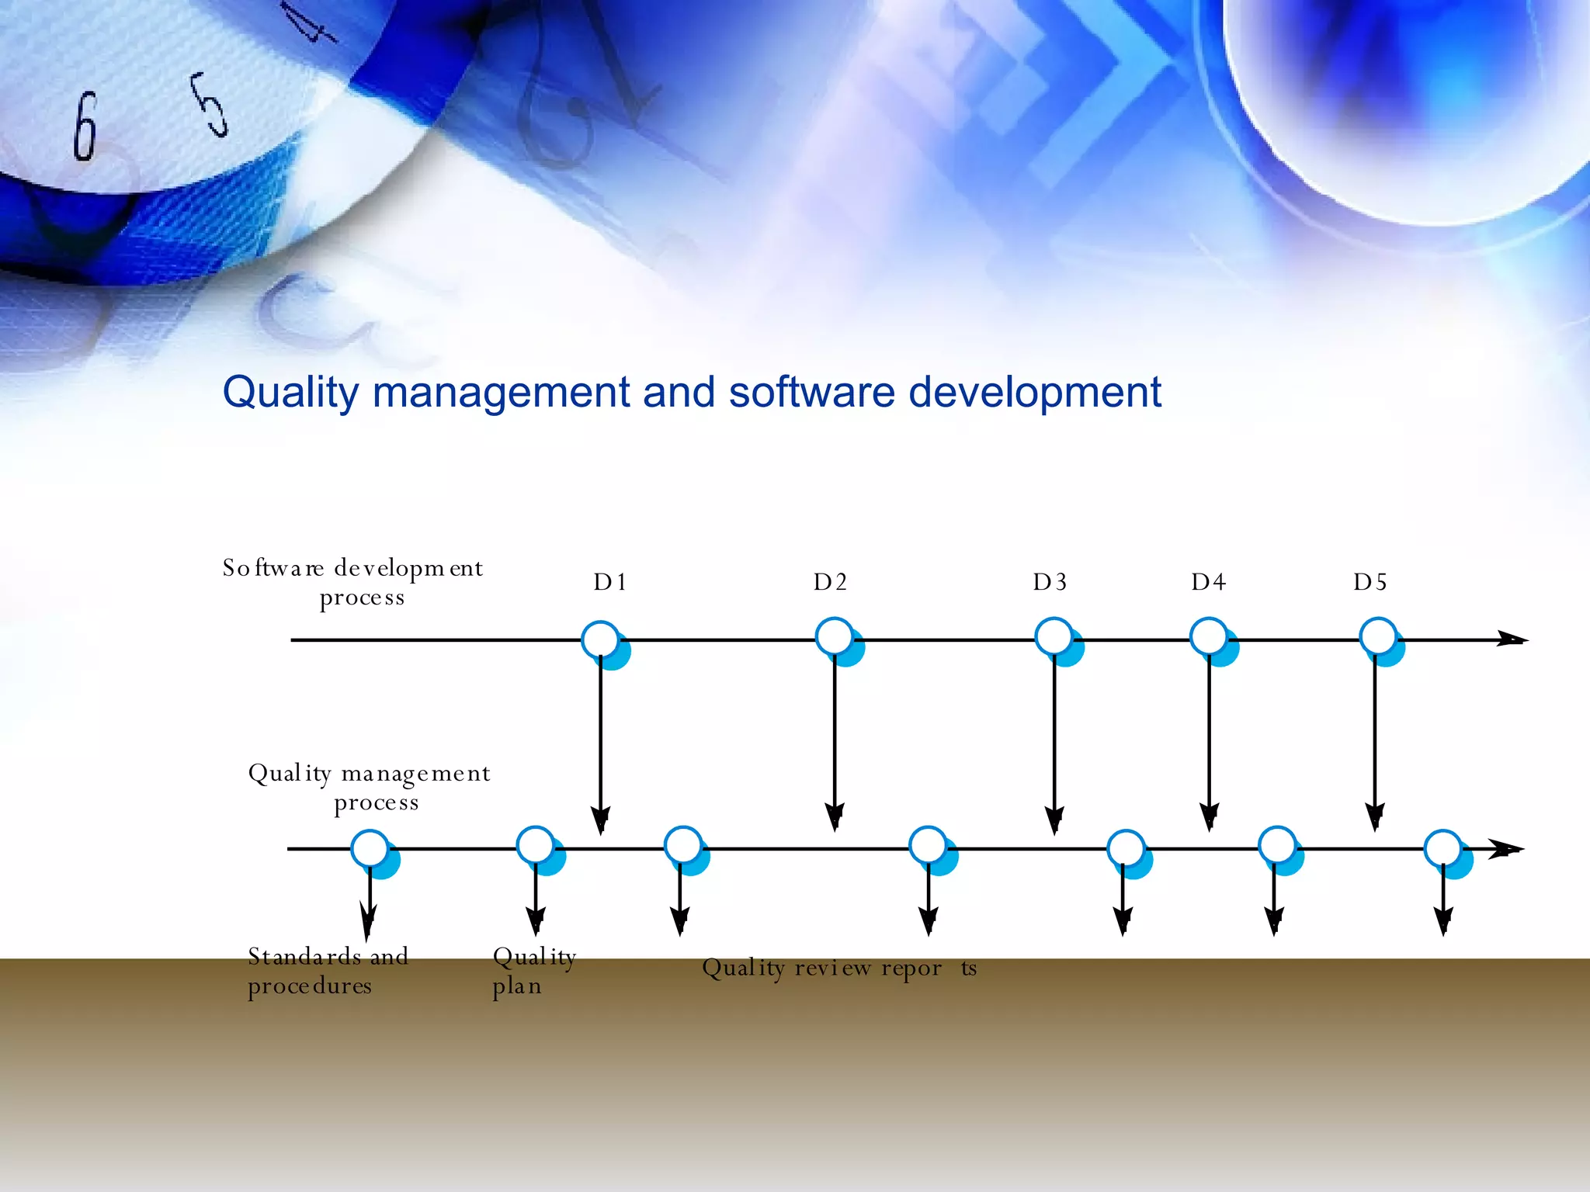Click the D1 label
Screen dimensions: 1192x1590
pyautogui.click(x=609, y=582)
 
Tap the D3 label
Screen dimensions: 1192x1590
pyautogui.click(x=1050, y=582)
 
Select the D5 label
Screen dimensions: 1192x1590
pyautogui.click(x=1370, y=582)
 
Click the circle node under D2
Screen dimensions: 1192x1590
pyautogui.click(x=835, y=637)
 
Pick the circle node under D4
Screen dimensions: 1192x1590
pyautogui.click(x=1210, y=637)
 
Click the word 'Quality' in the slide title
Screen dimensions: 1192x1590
pyautogui.click(x=290, y=393)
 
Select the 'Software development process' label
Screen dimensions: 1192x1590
pyautogui.click(x=353, y=582)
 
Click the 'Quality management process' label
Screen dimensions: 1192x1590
pyautogui.click(x=370, y=787)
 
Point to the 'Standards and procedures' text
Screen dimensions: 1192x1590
pyautogui.click(x=328, y=971)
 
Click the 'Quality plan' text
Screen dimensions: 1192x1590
pyautogui.click(x=534, y=971)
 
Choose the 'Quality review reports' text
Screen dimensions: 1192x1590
pyautogui.click(x=838, y=968)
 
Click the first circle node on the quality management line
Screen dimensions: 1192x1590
pyautogui.click(x=370, y=849)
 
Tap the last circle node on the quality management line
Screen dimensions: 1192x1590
pyautogui.click(x=1444, y=849)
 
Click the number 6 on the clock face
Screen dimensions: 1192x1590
pyautogui.click(x=85, y=126)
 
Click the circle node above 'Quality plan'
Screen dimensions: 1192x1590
pyautogui.click(x=536, y=846)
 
